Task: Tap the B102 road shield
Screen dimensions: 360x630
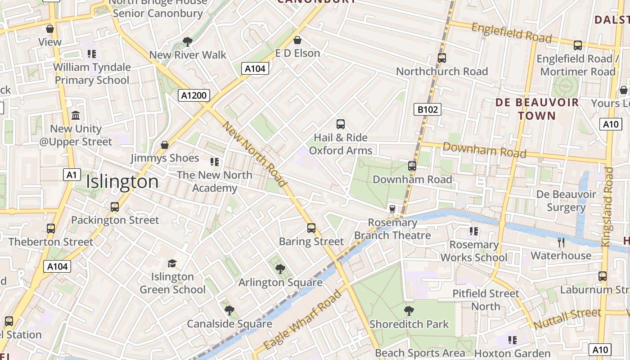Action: [x=427, y=109]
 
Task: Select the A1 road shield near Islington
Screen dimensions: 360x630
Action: [x=72, y=175]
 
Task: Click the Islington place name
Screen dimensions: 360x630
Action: [x=122, y=182]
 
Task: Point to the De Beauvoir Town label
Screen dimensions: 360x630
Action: [x=537, y=109]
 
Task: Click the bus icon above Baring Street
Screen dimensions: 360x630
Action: [x=311, y=228]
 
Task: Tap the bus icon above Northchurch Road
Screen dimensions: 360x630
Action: [x=441, y=58]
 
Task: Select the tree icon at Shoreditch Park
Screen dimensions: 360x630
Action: [x=409, y=310]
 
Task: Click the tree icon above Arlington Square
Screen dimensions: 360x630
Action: [x=280, y=269]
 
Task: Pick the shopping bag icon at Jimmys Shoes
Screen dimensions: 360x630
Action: [x=165, y=145]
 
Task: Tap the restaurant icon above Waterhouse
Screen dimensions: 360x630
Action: [x=561, y=243]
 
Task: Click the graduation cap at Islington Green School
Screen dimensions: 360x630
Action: [x=172, y=263]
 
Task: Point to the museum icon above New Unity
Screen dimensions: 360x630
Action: [x=76, y=115]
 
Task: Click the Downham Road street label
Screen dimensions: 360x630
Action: [x=484, y=150]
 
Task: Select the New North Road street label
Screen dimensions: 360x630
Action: [x=255, y=154]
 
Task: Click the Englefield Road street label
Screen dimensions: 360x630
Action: [x=511, y=33]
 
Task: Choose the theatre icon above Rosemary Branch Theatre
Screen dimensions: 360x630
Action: [x=392, y=209]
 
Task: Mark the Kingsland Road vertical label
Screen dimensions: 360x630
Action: [x=608, y=207]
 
